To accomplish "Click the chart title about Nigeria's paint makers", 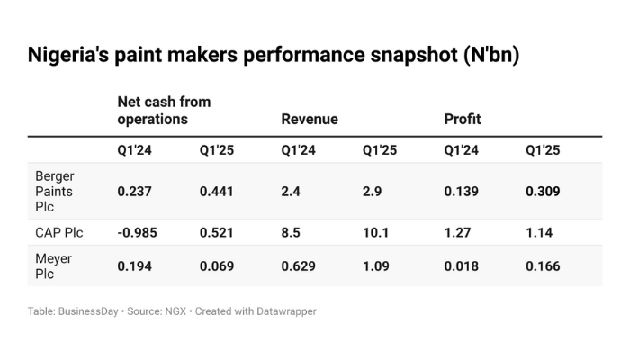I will pyautogui.click(x=274, y=54).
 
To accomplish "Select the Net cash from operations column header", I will pyautogui.click(x=164, y=110).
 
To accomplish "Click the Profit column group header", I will pyautogui.click(x=462, y=119).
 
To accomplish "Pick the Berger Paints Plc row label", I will pyautogui.click(x=55, y=192).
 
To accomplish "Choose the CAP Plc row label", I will pyautogui.click(x=59, y=232).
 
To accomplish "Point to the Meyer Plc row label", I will pyautogui.click(x=53, y=265).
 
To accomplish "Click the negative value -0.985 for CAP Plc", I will pyautogui.click(x=138, y=232).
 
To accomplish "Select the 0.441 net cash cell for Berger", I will pyautogui.click(x=216, y=192).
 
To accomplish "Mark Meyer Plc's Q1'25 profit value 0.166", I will pyautogui.click(x=544, y=265).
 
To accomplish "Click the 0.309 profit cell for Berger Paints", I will pyautogui.click(x=544, y=192).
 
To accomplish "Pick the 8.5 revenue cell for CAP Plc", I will pyautogui.click(x=292, y=232).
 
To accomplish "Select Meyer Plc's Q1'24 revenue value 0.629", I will pyautogui.click(x=298, y=265).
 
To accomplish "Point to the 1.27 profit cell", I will pyautogui.click(x=458, y=232).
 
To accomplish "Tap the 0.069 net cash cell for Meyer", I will pyautogui.click(x=217, y=265).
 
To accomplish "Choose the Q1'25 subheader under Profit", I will pyautogui.click(x=543, y=150).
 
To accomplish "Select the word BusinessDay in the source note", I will pyautogui.click(x=87, y=311).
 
